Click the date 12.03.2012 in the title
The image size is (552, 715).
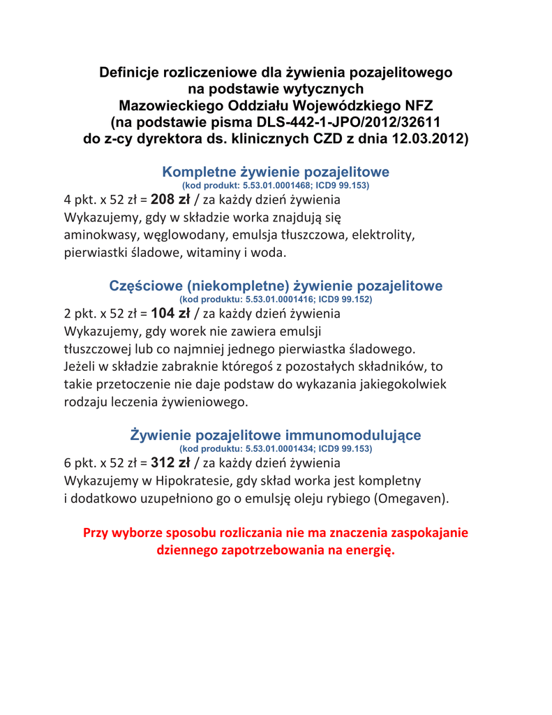click(427, 139)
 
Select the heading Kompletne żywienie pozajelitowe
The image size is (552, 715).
click(276, 172)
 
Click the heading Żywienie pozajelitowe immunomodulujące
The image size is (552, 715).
click(276, 435)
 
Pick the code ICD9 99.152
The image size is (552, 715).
click(345, 299)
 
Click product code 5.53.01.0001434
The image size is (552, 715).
click(278, 448)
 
